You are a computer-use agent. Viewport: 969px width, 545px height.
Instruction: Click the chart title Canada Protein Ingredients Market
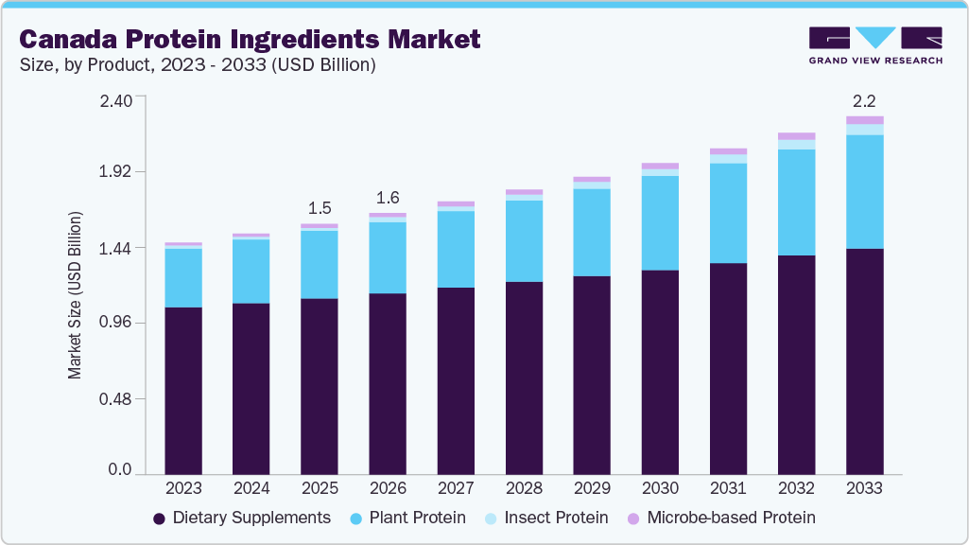pyautogui.click(x=250, y=39)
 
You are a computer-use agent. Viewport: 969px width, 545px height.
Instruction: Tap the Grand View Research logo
pyautogui.click(x=875, y=45)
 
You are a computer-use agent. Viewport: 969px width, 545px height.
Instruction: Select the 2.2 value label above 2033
pyautogui.click(x=864, y=100)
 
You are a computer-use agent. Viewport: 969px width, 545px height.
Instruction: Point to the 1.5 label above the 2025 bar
pyautogui.click(x=320, y=208)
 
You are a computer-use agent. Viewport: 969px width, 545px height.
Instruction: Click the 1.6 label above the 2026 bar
pyautogui.click(x=388, y=198)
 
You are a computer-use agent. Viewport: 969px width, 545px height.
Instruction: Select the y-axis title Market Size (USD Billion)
pyautogui.click(x=75, y=295)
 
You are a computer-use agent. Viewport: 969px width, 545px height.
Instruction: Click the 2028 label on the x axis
pyautogui.click(x=524, y=488)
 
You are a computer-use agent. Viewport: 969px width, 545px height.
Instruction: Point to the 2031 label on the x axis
pyautogui.click(x=728, y=488)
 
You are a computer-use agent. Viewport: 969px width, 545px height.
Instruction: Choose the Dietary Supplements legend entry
pyautogui.click(x=242, y=518)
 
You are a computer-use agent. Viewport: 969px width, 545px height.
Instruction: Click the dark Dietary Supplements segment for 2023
pyautogui.click(x=183, y=390)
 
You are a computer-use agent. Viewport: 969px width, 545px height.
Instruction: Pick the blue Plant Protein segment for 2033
pyautogui.click(x=864, y=191)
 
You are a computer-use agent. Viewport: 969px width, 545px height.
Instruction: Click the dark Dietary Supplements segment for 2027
pyautogui.click(x=456, y=380)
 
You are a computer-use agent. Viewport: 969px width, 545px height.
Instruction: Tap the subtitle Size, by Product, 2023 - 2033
pyautogui.click(x=198, y=65)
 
